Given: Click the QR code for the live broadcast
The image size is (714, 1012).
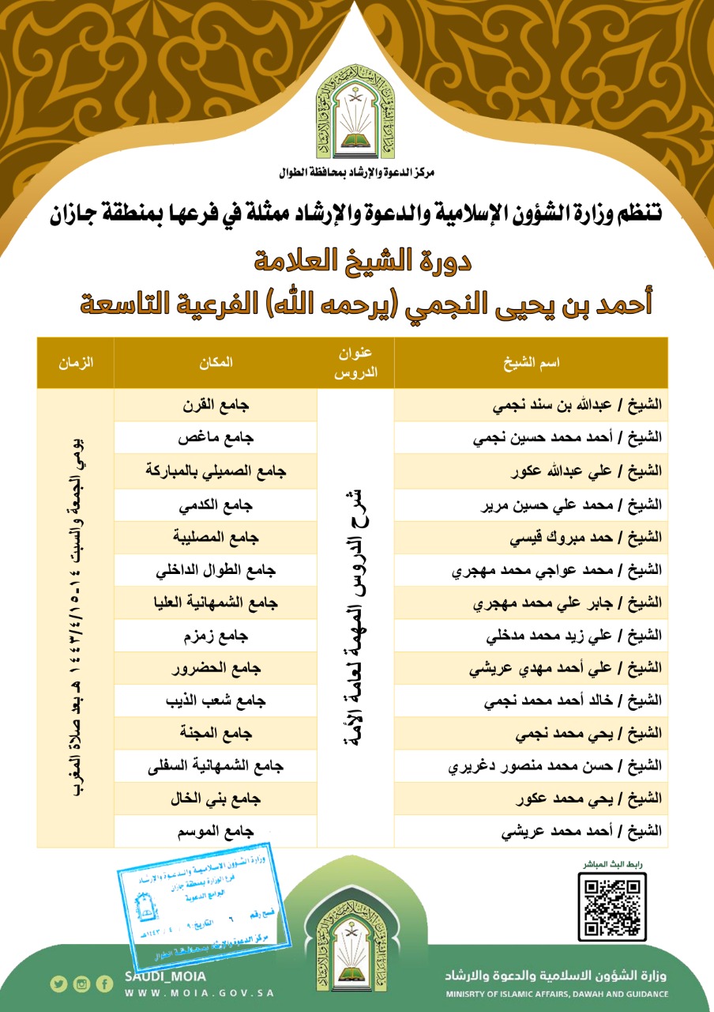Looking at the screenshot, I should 611,907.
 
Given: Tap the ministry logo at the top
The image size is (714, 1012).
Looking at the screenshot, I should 356,111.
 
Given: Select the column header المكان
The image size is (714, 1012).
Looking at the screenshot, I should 215,362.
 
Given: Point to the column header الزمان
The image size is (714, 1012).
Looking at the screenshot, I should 76,362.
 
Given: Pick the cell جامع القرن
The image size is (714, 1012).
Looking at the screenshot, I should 215,405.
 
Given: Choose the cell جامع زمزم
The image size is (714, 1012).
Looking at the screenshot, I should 215,635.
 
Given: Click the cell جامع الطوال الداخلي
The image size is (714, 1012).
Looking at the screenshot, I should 215,569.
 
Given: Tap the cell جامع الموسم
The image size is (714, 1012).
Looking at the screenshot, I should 215,832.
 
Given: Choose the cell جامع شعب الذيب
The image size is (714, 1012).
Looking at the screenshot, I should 215,700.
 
